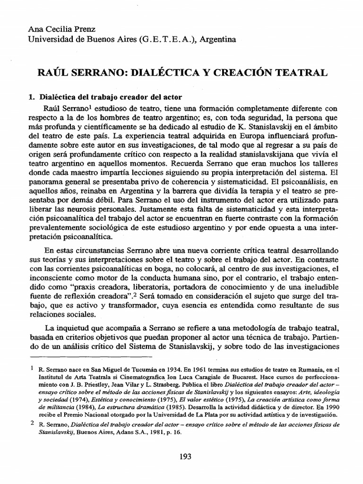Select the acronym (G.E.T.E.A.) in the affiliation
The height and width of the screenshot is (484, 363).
(x=166, y=40)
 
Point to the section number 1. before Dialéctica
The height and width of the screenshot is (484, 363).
(x=32, y=97)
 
